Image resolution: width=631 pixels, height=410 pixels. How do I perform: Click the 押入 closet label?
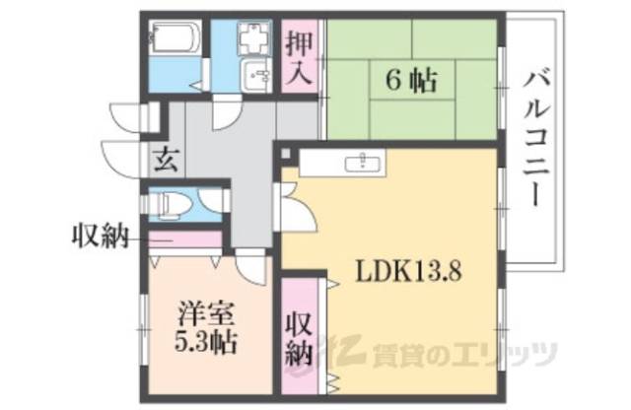click(x=300, y=56)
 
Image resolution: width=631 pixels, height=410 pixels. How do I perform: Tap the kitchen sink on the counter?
click(x=364, y=163)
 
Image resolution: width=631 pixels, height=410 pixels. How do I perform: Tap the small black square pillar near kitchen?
click(x=284, y=154)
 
